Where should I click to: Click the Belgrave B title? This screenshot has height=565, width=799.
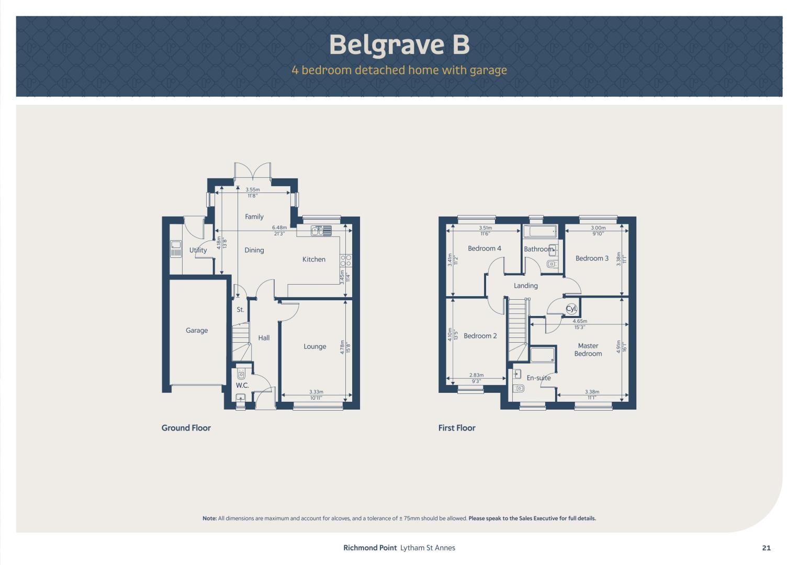tap(399, 45)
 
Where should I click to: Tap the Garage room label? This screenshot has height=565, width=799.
tap(197, 331)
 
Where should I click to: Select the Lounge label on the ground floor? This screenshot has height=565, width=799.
tap(314, 347)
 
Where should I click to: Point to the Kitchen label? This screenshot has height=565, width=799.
tap(314, 259)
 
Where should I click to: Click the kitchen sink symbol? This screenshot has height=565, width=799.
tap(321, 231)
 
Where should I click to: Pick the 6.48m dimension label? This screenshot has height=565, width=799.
tap(279, 227)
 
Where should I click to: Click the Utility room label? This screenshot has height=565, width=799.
tap(198, 250)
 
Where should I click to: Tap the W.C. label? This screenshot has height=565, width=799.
tap(242, 385)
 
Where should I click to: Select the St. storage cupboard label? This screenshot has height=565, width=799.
tap(240, 310)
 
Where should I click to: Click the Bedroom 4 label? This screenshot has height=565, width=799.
tap(485, 248)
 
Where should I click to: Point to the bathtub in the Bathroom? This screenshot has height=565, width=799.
tap(539, 232)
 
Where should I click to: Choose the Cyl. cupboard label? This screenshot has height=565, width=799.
tap(571, 309)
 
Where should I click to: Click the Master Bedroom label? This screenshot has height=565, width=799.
tap(588, 349)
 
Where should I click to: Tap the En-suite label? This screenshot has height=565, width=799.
tap(538, 378)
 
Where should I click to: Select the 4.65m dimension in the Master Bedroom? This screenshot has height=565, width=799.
tap(580, 321)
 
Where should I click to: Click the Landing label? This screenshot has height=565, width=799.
tap(525, 286)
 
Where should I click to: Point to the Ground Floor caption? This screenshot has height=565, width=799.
tap(186, 428)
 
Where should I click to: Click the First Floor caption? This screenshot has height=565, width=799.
tap(457, 428)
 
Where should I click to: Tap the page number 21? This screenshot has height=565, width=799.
tap(766, 548)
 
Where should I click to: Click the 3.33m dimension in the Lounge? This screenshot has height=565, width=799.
tap(316, 392)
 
